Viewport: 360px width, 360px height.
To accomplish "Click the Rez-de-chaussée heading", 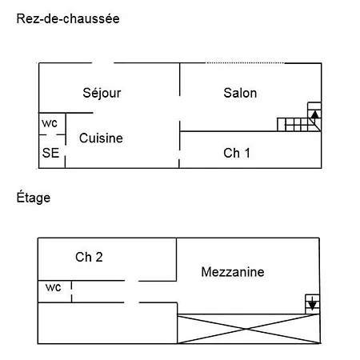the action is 68,19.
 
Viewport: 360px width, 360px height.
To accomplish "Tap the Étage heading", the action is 34,197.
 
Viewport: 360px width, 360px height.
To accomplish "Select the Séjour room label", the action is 102,93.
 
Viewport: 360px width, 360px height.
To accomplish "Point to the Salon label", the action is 240,93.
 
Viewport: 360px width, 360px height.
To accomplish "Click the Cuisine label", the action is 101,138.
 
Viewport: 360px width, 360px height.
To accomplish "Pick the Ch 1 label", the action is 237,153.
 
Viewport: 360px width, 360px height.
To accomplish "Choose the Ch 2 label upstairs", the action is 89,257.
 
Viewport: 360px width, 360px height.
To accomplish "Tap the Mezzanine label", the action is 233,272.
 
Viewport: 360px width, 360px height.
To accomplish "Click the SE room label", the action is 50,153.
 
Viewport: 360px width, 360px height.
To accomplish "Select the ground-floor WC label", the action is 50,123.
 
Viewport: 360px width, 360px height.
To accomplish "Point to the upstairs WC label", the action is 54,287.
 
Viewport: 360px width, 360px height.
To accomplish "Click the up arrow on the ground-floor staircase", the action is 315,114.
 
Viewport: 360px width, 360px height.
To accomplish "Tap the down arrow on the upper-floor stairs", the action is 312,303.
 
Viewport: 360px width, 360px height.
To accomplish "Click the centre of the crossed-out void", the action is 248,329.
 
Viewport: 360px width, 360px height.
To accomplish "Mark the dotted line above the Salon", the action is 246,63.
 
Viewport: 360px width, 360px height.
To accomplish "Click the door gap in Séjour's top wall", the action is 103,63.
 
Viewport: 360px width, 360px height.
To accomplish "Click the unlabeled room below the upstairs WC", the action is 107,323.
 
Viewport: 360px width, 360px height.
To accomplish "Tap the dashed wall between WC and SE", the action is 52,135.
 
